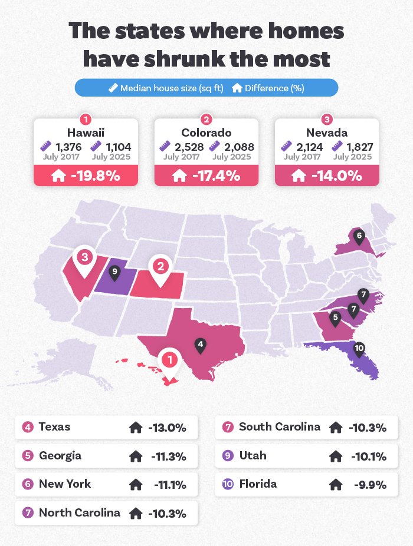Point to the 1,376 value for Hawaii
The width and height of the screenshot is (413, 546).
coord(68,147)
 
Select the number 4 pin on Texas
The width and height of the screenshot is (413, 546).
coord(201,344)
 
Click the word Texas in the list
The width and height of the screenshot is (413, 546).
coord(54,427)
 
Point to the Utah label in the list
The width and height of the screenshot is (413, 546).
coord(253,455)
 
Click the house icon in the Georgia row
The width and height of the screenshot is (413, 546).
coord(136,456)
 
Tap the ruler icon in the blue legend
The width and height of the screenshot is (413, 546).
coord(113,88)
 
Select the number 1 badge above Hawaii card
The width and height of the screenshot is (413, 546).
coord(86,118)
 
